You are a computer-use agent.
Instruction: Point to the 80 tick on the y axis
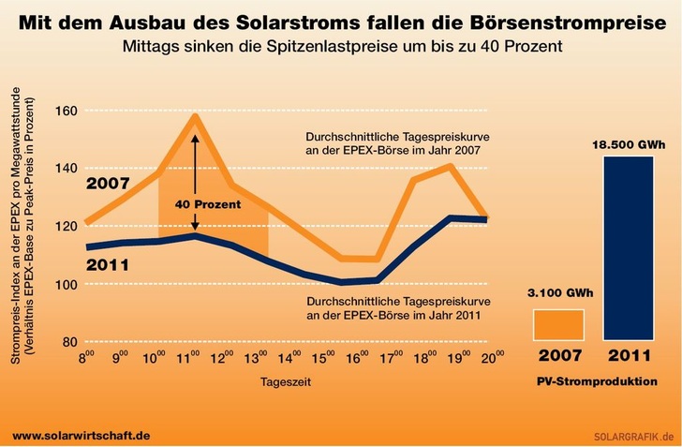tap(68, 342)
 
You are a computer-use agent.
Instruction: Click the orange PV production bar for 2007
tap(559, 324)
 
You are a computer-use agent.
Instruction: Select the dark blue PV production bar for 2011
tap(629, 247)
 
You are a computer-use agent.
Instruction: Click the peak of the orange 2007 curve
tap(195, 116)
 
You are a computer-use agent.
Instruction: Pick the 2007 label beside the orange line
tap(108, 183)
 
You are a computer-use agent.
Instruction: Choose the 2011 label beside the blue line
tap(108, 264)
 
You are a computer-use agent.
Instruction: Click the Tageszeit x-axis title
tap(285, 382)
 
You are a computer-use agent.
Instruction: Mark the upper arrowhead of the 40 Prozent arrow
tap(195, 137)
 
